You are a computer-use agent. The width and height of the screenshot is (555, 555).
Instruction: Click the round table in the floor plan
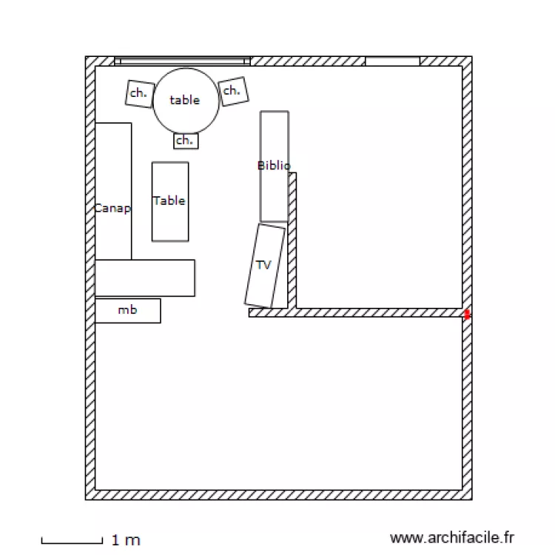click(x=186, y=101)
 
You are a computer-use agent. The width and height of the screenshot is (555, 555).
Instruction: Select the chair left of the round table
click(x=138, y=93)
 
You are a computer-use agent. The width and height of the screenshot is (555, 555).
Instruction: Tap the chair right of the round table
click(x=232, y=91)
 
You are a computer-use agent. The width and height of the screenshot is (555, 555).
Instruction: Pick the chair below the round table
click(x=186, y=140)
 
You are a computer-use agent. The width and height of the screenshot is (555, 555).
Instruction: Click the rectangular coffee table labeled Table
click(x=169, y=201)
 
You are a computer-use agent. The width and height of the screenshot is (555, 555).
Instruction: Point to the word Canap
click(x=112, y=209)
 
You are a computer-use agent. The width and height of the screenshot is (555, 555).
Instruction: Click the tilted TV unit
click(x=265, y=266)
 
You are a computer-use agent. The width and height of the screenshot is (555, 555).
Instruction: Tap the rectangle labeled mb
click(x=127, y=311)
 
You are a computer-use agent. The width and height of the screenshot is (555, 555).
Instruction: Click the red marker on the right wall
click(x=467, y=314)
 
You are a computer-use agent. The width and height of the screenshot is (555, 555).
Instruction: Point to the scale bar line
click(x=72, y=542)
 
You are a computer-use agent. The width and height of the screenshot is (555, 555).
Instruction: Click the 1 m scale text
click(x=126, y=541)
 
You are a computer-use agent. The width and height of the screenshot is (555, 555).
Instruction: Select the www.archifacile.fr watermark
click(x=451, y=538)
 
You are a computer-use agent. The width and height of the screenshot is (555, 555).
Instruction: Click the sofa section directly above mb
click(x=144, y=278)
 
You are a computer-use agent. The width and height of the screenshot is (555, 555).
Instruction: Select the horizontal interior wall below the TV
click(x=355, y=313)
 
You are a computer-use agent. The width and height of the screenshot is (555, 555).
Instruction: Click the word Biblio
click(x=274, y=166)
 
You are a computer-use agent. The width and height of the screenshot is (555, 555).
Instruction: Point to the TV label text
click(x=263, y=264)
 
